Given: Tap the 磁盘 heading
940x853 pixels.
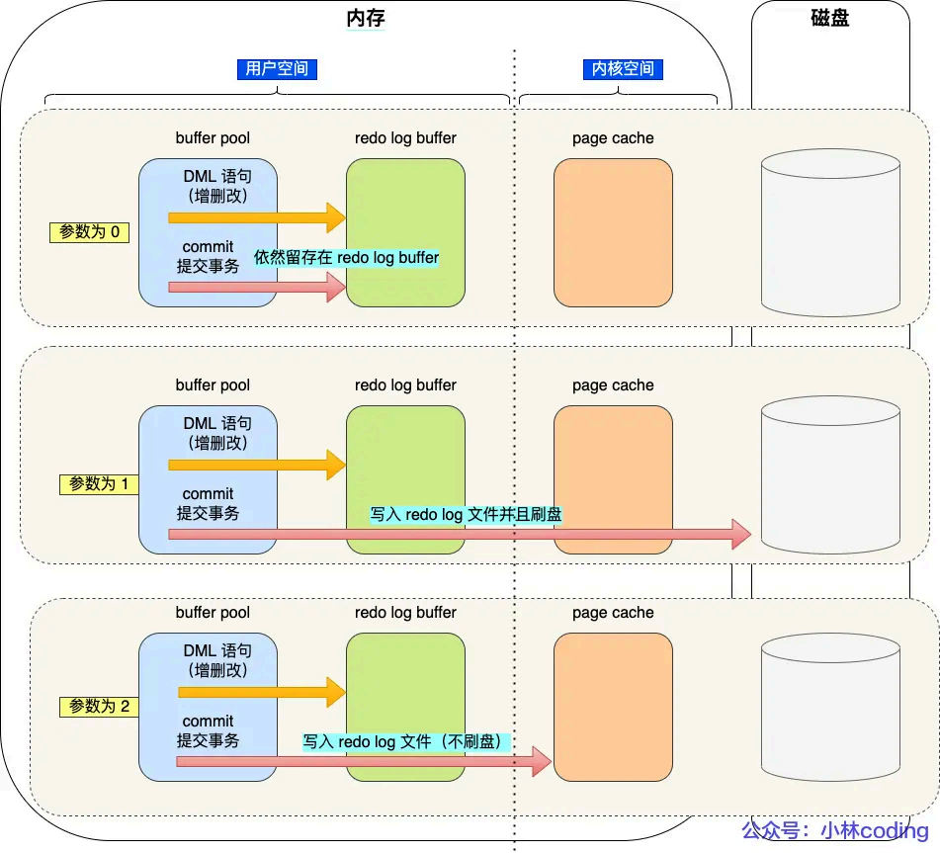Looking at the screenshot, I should (x=829, y=18).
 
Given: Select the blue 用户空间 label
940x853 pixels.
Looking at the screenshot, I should (x=278, y=69).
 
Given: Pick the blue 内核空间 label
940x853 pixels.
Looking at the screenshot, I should (x=623, y=69).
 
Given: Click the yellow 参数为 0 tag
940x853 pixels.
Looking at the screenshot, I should (x=89, y=232).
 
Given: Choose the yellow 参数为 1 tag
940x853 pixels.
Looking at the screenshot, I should (x=99, y=484).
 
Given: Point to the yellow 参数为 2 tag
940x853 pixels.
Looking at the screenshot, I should (x=99, y=707).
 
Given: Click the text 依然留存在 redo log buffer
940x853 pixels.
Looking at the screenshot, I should (x=346, y=257).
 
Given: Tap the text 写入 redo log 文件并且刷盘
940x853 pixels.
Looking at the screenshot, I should (x=466, y=515).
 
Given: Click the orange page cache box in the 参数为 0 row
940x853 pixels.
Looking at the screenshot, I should (x=613, y=232).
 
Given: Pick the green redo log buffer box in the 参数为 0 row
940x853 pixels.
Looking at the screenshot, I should (x=405, y=232).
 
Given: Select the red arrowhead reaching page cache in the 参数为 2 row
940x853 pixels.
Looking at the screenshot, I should (x=540, y=761).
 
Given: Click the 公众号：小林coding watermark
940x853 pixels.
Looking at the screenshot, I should (x=835, y=830).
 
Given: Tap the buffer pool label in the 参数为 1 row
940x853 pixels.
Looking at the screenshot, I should (x=213, y=385).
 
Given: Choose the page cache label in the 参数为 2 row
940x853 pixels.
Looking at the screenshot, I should (x=613, y=613).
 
